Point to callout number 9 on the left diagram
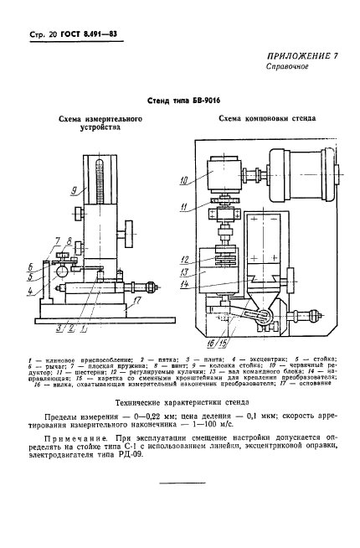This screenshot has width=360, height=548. click(x=74, y=191)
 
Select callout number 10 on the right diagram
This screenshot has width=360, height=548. click(x=183, y=179)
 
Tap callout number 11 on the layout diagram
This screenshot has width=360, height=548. click(x=183, y=206)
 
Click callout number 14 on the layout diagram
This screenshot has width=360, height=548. click(x=183, y=284)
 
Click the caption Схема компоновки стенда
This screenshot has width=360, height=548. click(x=266, y=119)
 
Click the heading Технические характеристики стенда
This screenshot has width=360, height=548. click(x=179, y=402)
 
